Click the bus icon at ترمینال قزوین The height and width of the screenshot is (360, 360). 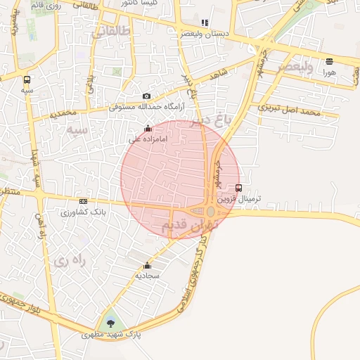[x=238, y=188]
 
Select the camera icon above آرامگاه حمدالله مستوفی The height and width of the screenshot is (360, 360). [x=146, y=96]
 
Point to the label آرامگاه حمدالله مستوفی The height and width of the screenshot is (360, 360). [x=146, y=108]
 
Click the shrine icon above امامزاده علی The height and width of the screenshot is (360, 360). [x=148, y=128]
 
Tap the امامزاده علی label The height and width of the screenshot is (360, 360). [x=148, y=139]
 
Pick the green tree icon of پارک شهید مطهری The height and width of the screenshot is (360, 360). [x=110, y=323]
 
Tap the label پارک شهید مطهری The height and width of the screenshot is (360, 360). [x=110, y=335]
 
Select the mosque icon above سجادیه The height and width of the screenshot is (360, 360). [x=147, y=265]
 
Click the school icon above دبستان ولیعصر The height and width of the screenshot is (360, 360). [x=205, y=23]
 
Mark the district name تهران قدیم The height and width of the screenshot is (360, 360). [x=192, y=225]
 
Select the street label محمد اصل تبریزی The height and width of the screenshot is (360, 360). [x=289, y=110]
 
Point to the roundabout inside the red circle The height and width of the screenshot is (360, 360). [x=211, y=211]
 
